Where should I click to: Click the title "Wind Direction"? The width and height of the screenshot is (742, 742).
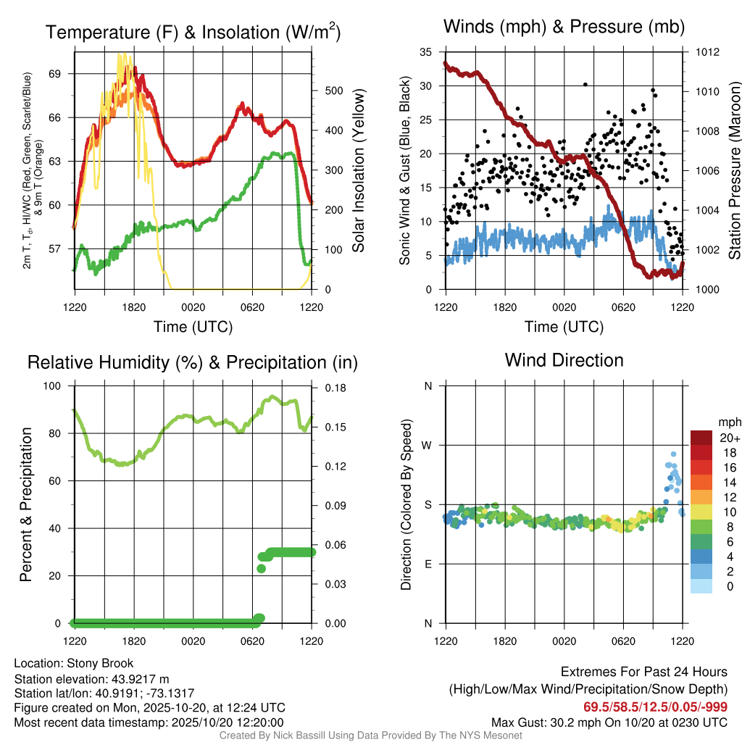[564, 360]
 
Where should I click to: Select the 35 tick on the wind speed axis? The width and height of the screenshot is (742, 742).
[426, 52]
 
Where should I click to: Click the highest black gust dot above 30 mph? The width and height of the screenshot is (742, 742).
[585, 84]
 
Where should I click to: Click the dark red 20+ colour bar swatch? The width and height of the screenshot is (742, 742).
[701, 438]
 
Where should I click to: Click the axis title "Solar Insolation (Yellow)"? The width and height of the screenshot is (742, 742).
[359, 171]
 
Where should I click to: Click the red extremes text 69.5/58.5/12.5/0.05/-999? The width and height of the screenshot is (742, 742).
[656, 706]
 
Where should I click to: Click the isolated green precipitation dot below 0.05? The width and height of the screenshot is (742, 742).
[262, 568]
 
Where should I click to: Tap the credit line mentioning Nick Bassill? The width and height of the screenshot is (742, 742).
[371, 735]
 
